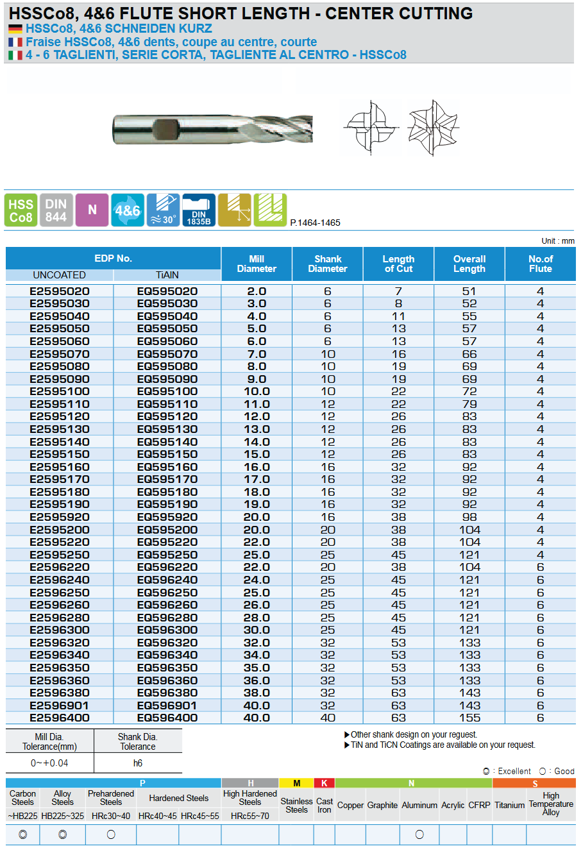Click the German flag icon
(x=15, y=29)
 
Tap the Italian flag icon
(x=15, y=55)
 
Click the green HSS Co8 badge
(x=21, y=210)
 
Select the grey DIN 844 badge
(x=56, y=210)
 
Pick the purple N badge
(x=92, y=210)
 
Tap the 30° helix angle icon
(x=163, y=210)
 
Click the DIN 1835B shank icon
(x=199, y=210)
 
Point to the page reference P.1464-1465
(x=315, y=223)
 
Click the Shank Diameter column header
(x=328, y=264)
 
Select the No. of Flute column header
(x=540, y=264)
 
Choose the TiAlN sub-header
(x=167, y=275)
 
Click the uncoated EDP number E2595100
(x=60, y=391)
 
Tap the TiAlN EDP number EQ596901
(x=167, y=706)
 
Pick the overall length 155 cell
(x=469, y=718)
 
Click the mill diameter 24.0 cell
(x=257, y=580)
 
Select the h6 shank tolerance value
(x=138, y=763)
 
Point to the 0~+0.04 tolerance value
(x=49, y=763)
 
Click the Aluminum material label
(x=419, y=805)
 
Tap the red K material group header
(x=325, y=783)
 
